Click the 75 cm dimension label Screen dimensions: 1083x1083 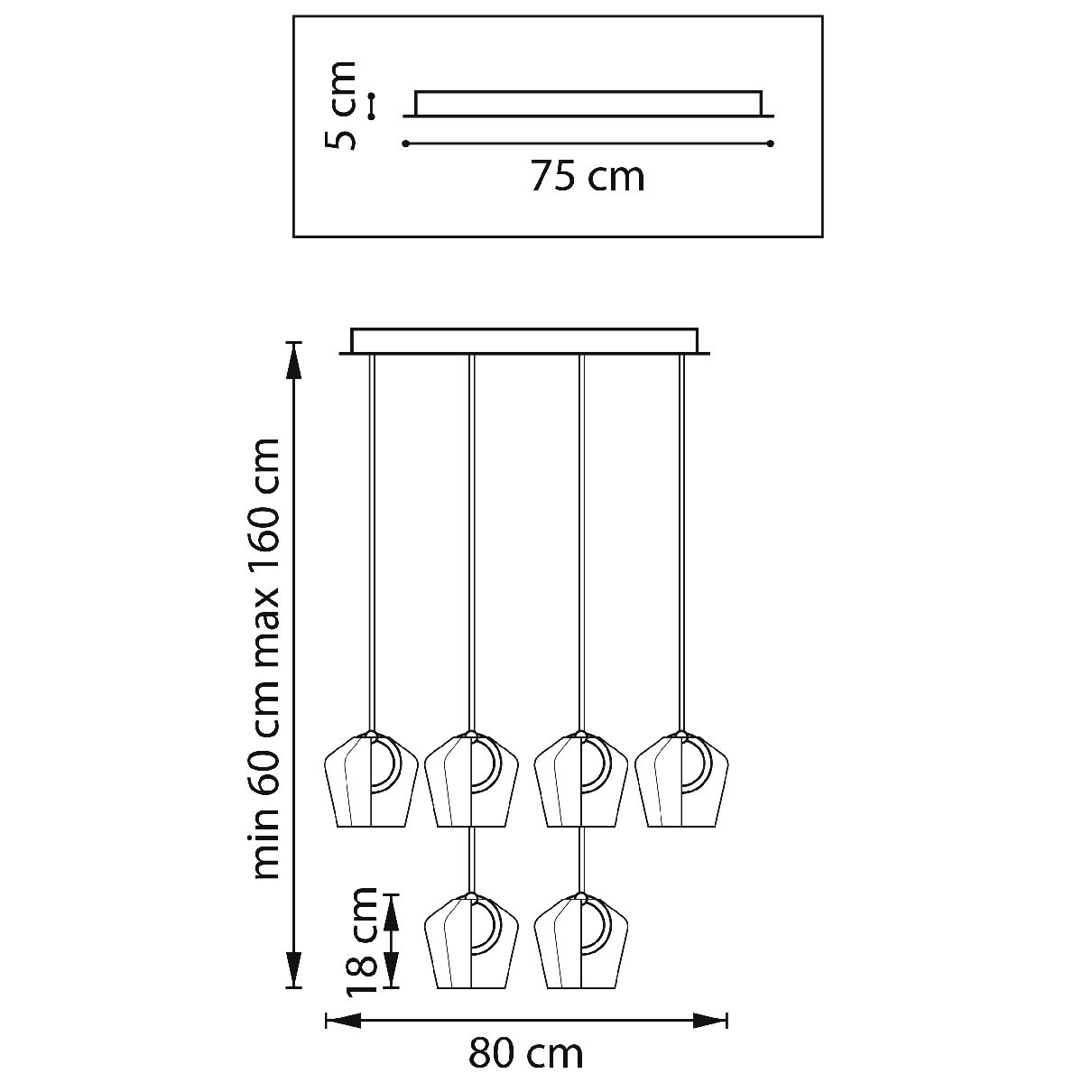click(x=588, y=177)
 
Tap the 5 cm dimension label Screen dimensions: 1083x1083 click(x=340, y=106)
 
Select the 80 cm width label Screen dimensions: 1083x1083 click(x=526, y=1054)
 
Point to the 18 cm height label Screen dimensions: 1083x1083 click(x=361, y=950)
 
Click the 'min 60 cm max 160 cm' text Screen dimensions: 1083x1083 click(x=265, y=659)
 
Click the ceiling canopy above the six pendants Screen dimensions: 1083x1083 click(x=525, y=342)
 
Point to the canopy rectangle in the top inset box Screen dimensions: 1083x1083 click(x=588, y=104)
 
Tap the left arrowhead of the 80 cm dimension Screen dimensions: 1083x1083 click(x=343, y=1021)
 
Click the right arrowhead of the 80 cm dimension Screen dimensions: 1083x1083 click(x=710, y=1021)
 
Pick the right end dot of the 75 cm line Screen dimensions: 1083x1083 click(x=771, y=143)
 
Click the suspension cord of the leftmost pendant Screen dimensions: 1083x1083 click(x=372, y=543)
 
